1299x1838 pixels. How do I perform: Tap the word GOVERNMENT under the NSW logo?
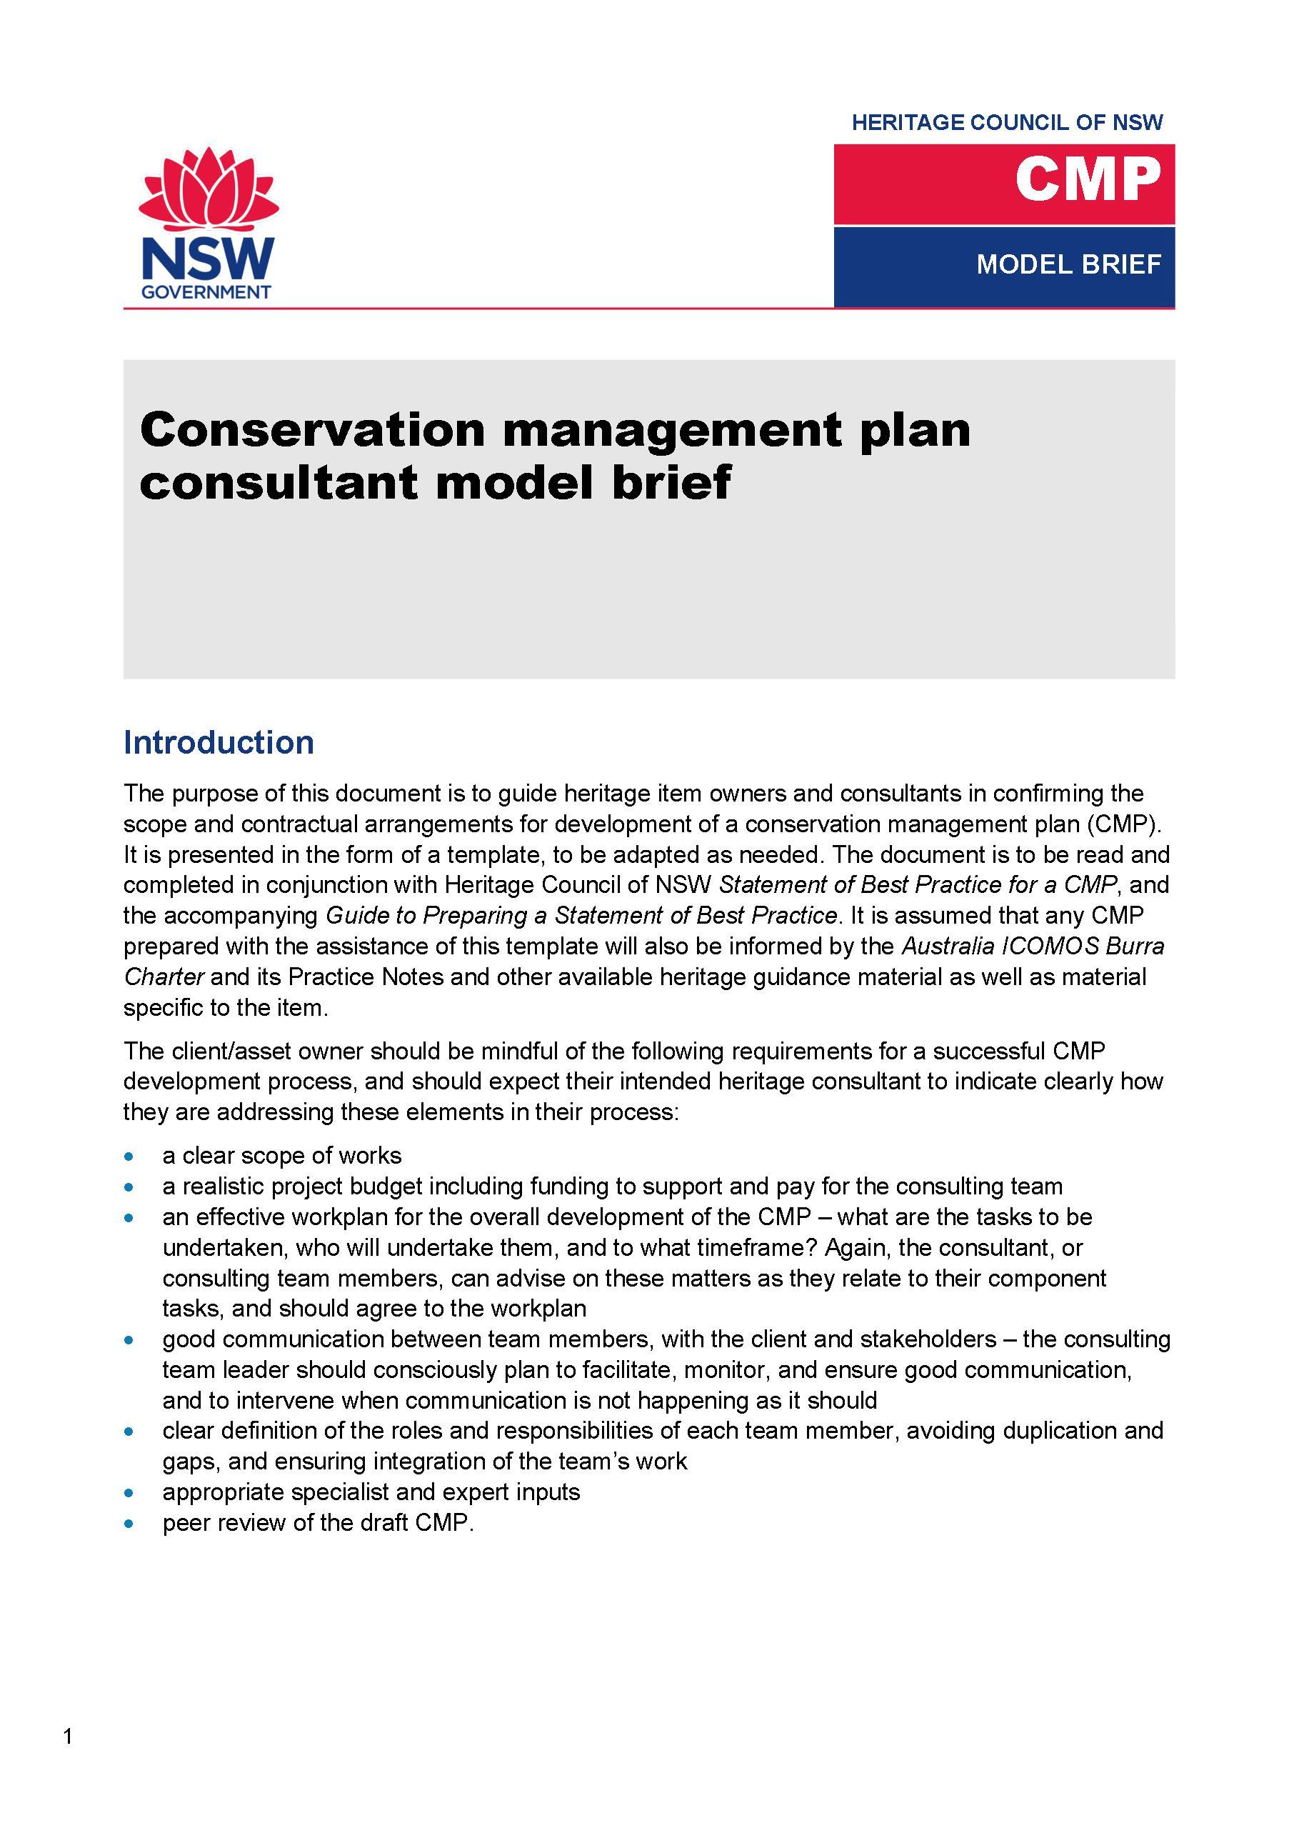click(206, 292)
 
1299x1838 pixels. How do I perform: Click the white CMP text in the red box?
click(1088, 179)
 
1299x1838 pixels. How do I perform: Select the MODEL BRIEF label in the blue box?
click(1068, 264)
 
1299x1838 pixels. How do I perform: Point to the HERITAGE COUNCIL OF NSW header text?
click(1007, 122)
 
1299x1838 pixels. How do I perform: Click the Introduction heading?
click(219, 742)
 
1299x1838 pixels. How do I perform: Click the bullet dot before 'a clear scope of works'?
click(129, 1156)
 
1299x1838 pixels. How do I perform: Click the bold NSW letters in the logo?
click(207, 258)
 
